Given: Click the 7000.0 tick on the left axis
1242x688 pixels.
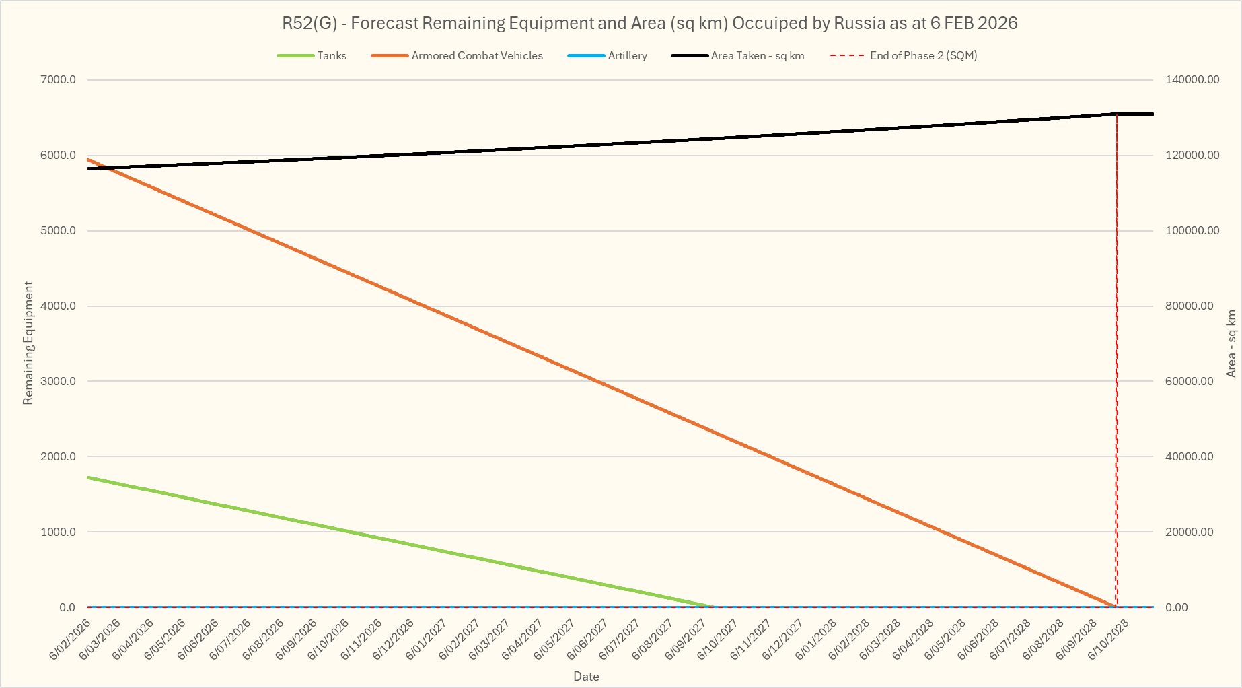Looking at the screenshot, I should pos(59,80).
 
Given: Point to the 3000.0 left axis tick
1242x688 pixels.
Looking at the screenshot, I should pos(59,381).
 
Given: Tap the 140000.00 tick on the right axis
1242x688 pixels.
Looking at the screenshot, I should pos(1192,80).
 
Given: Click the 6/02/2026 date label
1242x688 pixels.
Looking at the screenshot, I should pos(71,639).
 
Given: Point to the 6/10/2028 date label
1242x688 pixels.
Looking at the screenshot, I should pos(1109,639).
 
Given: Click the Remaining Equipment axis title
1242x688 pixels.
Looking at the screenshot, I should pos(28,343).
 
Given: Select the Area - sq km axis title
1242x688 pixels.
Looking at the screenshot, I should pos(1231,343).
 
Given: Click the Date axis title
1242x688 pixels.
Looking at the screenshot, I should pos(586,677).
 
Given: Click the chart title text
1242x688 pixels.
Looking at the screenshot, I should pos(649,23).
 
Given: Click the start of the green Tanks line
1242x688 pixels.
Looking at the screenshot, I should pos(88,477).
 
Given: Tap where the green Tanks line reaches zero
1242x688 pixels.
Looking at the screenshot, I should pos(713,607).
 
